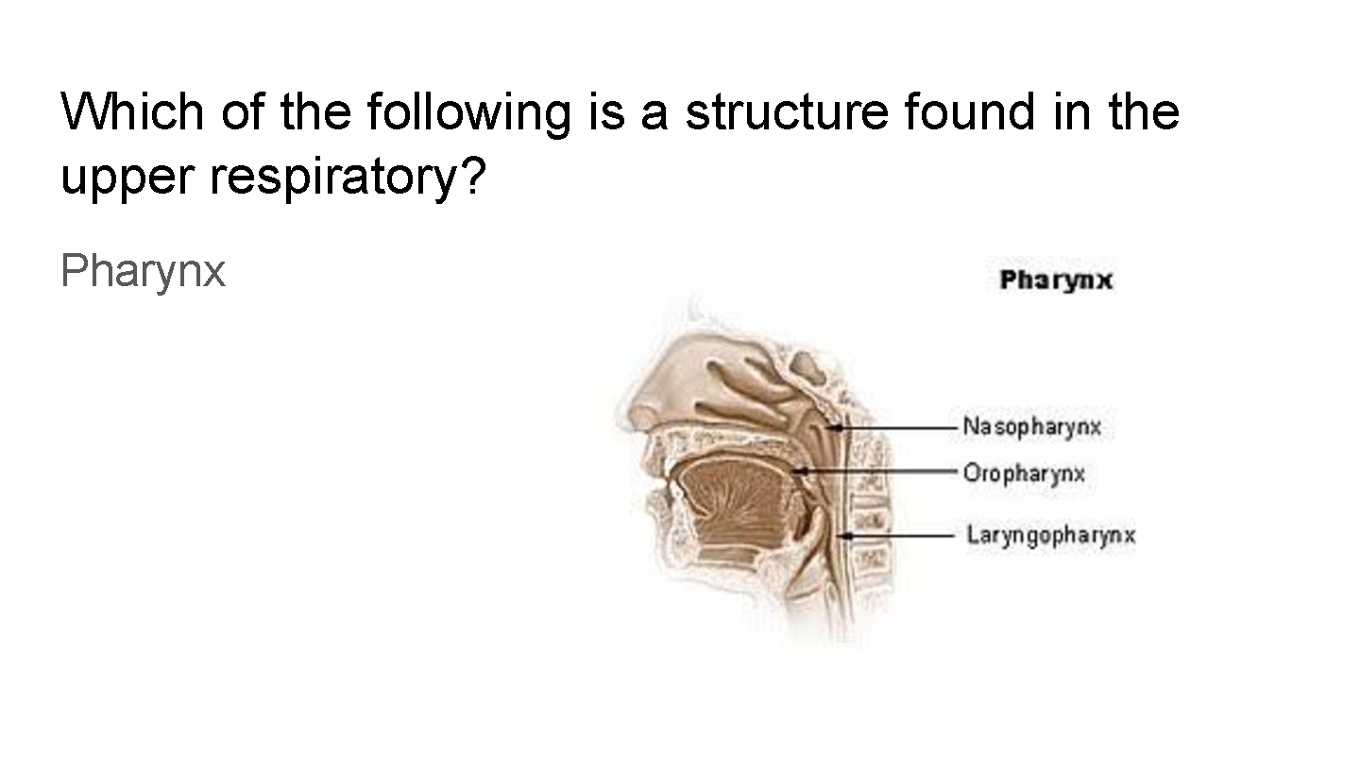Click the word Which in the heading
(132, 111)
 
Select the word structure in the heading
(787, 112)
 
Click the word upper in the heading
(127, 178)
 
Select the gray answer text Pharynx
(144, 271)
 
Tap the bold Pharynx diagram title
(1056, 280)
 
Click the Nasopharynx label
(1031, 427)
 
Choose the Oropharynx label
(1024, 473)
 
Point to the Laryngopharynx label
(1050, 535)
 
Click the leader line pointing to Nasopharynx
(892, 428)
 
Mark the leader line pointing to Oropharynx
(875, 470)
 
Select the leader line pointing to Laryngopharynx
(896, 536)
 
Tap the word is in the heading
(607, 111)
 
